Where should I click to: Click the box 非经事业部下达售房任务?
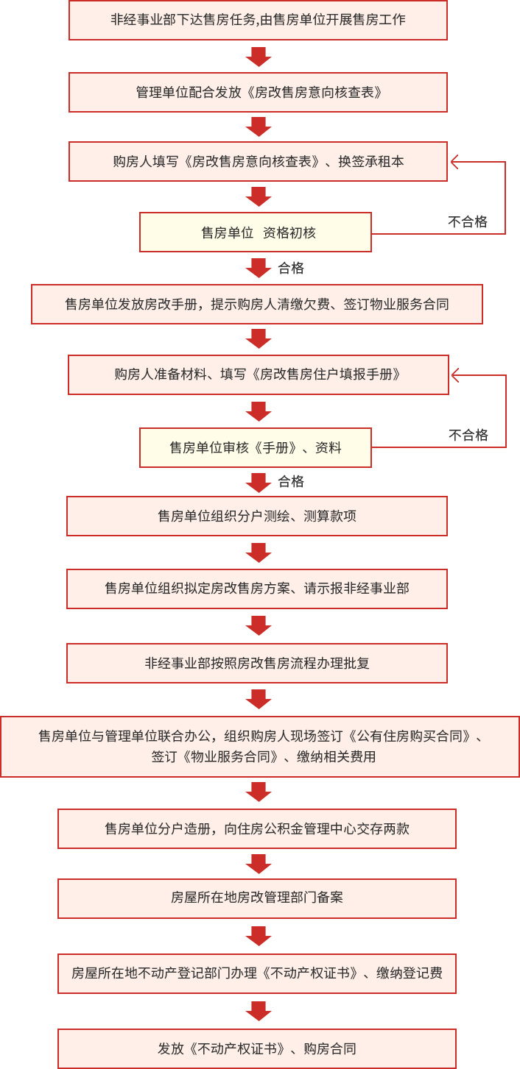click(x=258, y=20)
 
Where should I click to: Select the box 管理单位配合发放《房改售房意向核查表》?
click(x=258, y=93)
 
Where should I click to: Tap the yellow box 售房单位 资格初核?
click(x=256, y=232)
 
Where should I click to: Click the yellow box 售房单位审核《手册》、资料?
click(x=256, y=447)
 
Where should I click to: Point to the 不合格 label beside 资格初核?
click(x=468, y=221)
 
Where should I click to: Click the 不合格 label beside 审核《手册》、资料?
click(x=468, y=435)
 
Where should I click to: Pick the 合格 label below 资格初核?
click(x=291, y=269)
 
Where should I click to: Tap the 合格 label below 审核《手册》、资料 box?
click(x=291, y=481)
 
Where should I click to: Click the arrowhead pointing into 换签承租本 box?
click(x=454, y=163)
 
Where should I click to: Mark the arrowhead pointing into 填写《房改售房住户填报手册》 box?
click(x=455, y=375)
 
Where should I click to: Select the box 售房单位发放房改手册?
click(x=257, y=305)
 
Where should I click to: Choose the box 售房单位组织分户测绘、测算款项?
click(x=257, y=516)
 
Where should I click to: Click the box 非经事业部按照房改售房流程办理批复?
click(x=257, y=664)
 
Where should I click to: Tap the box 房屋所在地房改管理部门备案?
click(x=257, y=898)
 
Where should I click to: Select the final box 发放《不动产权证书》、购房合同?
click(x=257, y=1048)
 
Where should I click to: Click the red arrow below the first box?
click(x=259, y=57)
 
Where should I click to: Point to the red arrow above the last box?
click(x=259, y=1011)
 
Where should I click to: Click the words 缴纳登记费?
click(x=410, y=973)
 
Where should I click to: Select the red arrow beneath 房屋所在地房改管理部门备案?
click(x=259, y=937)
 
